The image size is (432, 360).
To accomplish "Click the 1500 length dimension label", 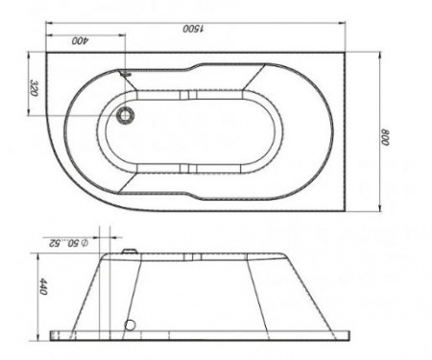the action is (x=193, y=29).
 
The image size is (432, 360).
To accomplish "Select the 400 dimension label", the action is (x=81, y=40).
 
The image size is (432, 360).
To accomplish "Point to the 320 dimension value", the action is (x=34, y=88).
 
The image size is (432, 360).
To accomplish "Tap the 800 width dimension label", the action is (x=384, y=137).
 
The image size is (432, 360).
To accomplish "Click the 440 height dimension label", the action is (x=43, y=287).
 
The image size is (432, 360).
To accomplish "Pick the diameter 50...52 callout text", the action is (x=68, y=243).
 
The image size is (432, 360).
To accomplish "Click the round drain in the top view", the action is (x=126, y=115).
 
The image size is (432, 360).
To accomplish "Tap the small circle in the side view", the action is (x=130, y=325).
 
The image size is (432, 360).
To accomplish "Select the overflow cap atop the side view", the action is (x=130, y=252).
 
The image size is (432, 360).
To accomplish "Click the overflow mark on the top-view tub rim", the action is (x=125, y=74).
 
